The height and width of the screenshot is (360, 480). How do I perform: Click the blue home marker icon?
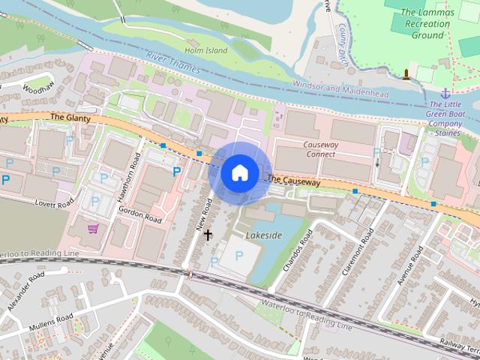click(x=238, y=173)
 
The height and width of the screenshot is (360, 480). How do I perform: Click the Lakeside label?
click(x=264, y=235)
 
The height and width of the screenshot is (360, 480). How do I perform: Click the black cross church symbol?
click(x=208, y=235)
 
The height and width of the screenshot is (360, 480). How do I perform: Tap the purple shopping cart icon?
click(x=94, y=229)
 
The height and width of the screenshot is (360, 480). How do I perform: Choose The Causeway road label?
click(x=293, y=181)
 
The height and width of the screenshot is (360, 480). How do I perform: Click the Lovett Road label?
click(x=55, y=202)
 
